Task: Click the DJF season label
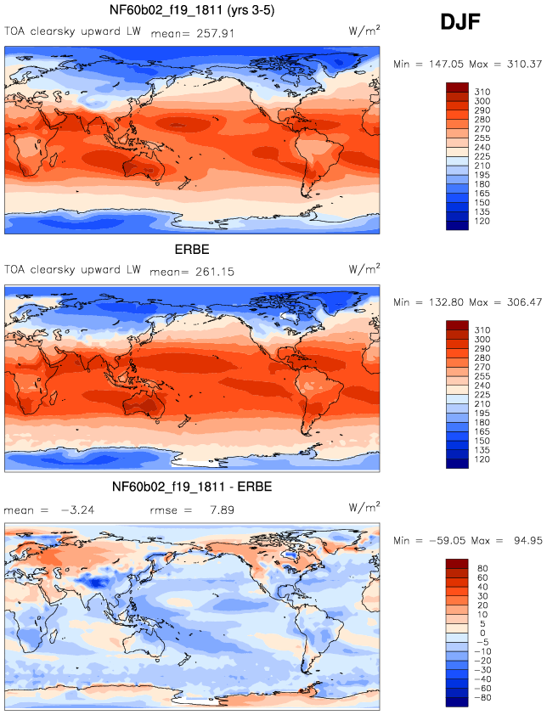pos(460,22)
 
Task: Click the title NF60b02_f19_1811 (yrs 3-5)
pos(192,10)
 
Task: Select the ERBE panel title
pos(192,250)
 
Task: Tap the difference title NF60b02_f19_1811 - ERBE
pos(192,487)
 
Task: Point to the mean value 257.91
pos(216,33)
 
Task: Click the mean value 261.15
pos(215,272)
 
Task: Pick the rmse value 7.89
pos(223,510)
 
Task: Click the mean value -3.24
pos(77,510)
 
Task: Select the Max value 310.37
pos(524,65)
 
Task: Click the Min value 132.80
pos(446,302)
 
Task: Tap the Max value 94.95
pos(527,541)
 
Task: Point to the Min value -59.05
pos(448,541)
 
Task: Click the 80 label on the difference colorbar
pos(482,568)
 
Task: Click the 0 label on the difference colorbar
pos(482,633)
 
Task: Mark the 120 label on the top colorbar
pos(482,221)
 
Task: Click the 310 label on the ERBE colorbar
pos(482,330)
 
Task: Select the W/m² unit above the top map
pos(364,31)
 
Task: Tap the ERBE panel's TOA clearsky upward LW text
pos(72,270)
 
